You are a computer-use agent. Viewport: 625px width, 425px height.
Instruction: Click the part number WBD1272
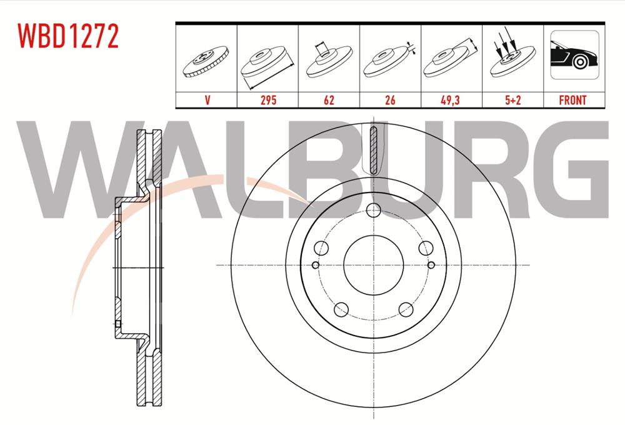point(69,37)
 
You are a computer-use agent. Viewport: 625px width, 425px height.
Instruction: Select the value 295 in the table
point(268,100)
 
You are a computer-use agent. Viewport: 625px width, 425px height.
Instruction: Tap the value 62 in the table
point(329,100)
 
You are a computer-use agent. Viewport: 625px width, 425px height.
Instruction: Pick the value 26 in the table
point(390,100)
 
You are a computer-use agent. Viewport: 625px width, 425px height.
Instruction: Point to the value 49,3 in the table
point(451,100)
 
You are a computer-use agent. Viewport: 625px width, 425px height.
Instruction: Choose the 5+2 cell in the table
point(512,100)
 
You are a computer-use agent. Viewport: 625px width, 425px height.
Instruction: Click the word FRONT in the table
point(572,100)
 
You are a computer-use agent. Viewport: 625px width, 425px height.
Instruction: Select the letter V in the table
point(207,100)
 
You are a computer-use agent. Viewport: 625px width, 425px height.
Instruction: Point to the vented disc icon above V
point(206,62)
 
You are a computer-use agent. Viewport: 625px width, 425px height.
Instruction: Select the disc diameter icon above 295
point(267,62)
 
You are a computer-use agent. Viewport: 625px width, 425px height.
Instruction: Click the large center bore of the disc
point(373,266)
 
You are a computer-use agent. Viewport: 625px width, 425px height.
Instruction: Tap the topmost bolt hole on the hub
point(373,211)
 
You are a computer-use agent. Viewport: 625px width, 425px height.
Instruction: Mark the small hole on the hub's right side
point(431,266)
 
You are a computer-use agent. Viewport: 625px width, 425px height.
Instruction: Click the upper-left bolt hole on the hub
point(321,248)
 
